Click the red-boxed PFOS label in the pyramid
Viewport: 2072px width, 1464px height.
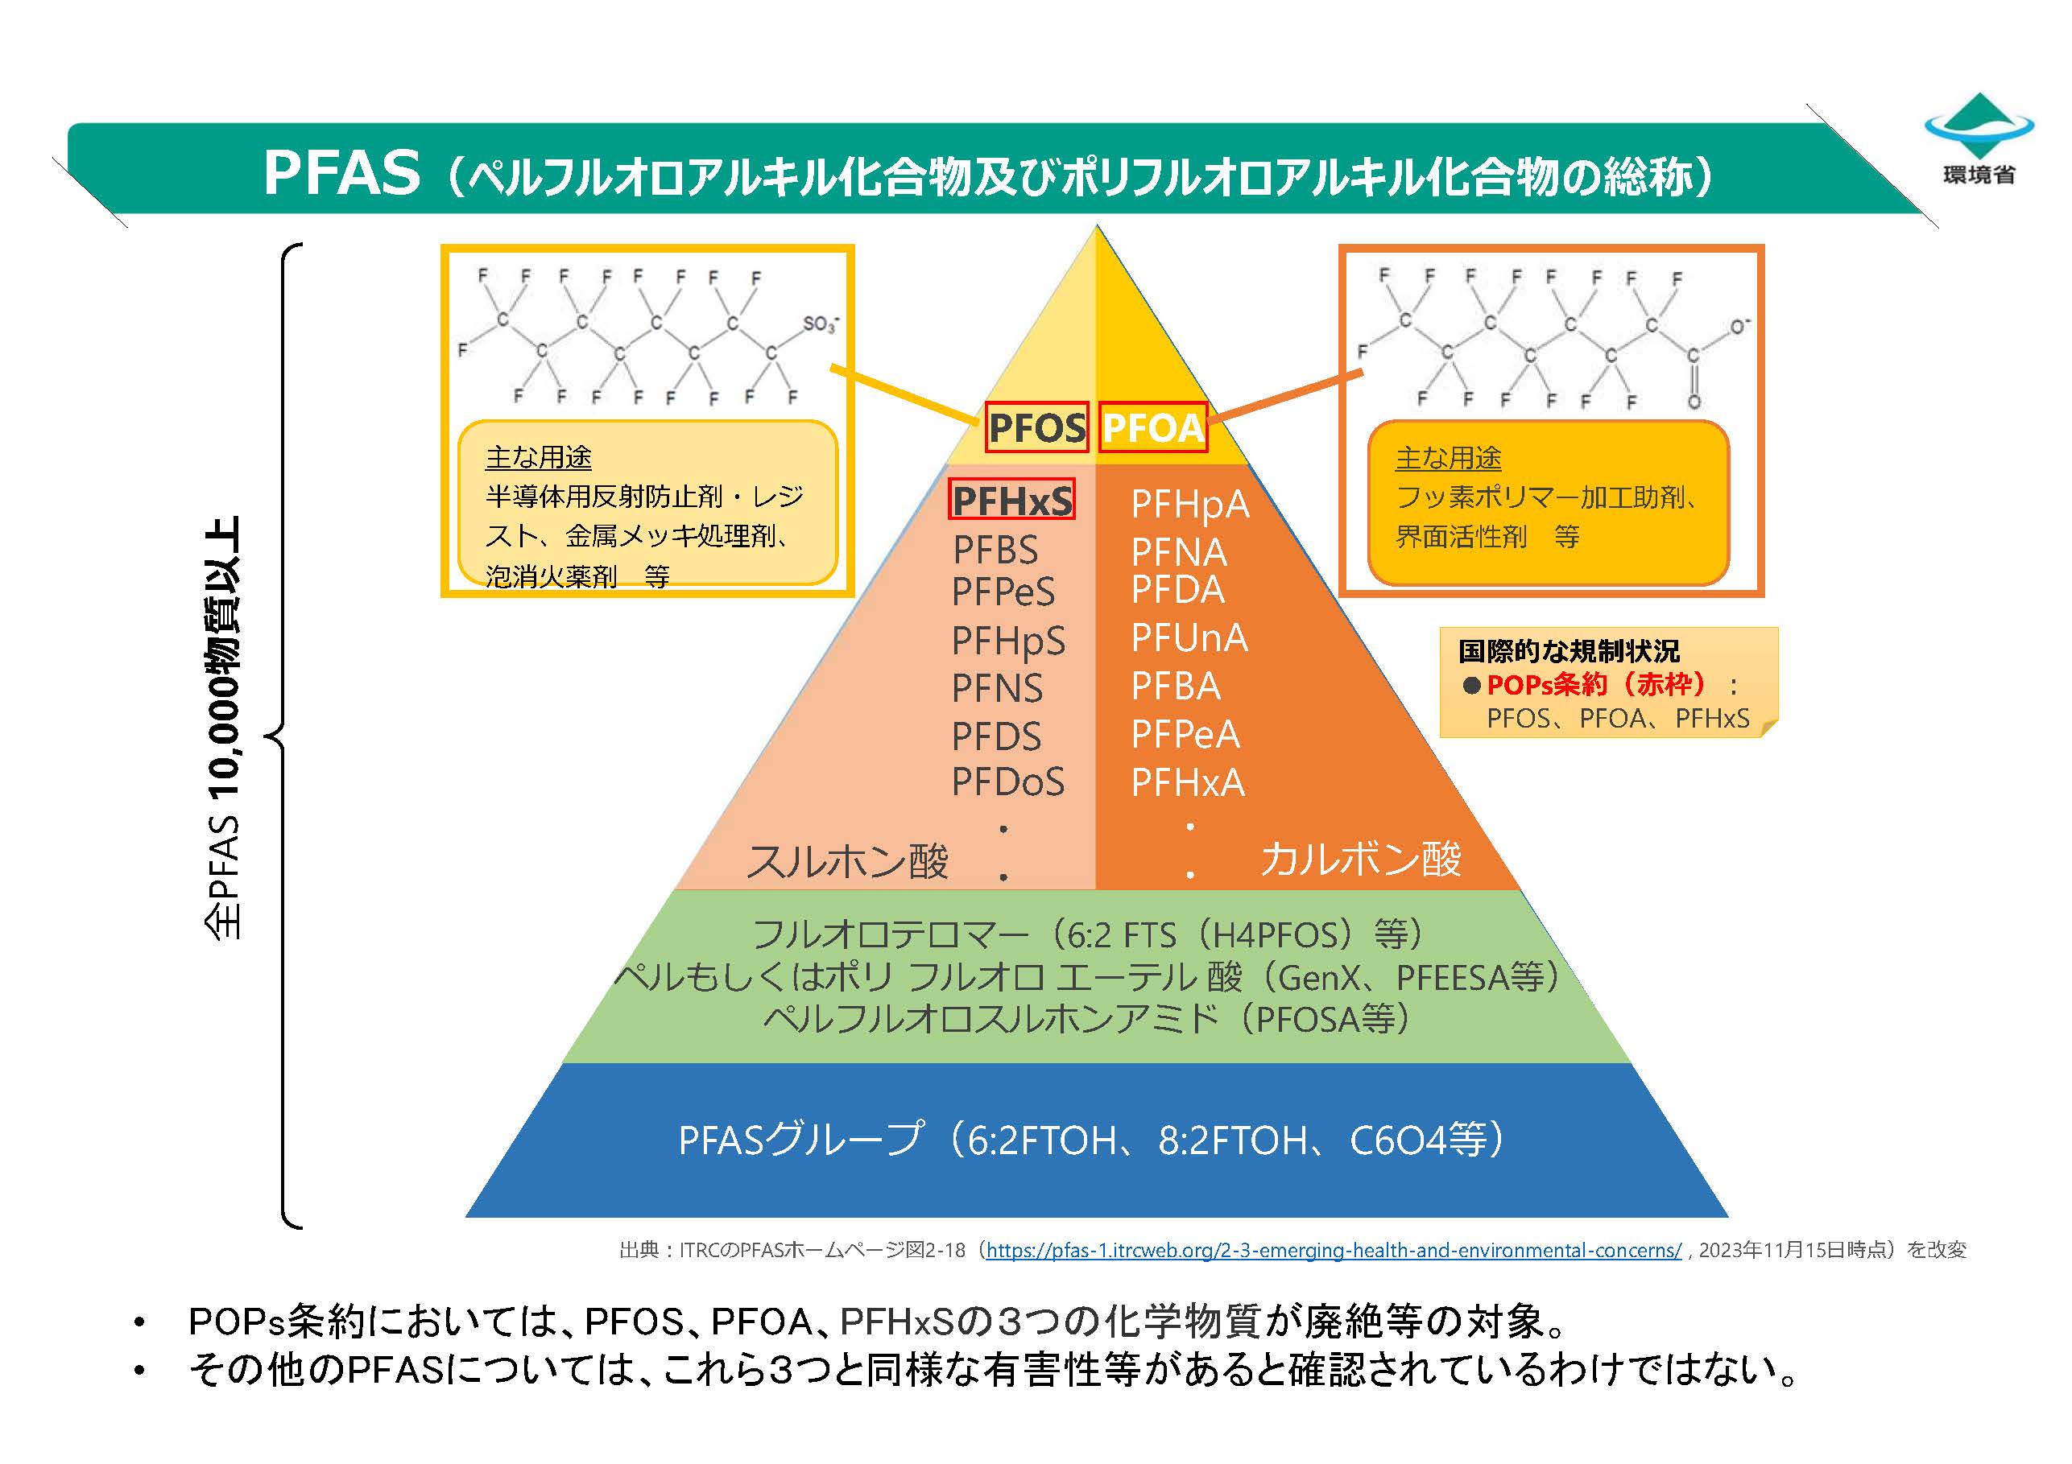click(x=1036, y=427)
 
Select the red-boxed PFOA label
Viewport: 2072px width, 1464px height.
click(x=1153, y=427)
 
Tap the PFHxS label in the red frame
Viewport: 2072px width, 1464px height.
click(x=1011, y=500)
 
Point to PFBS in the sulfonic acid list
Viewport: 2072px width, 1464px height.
click(x=995, y=550)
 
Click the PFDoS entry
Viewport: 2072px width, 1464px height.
click(x=1008, y=781)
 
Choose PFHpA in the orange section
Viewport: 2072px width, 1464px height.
click(x=1190, y=505)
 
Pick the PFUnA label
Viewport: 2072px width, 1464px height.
click(x=1189, y=637)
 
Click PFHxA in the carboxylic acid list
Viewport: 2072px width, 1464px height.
click(x=1188, y=782)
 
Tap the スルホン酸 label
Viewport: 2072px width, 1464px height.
click(x=847, y=860)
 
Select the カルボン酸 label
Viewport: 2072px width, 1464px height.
click(x=1360, y=858)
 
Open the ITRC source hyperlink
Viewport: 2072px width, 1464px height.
click(x=1333, y=1250)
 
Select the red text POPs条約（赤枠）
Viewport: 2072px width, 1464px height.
click(x=1595, y=685)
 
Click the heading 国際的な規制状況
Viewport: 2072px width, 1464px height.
click(x=1569, y=650)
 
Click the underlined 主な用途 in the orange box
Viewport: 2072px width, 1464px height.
click(x=1448, y=458)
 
